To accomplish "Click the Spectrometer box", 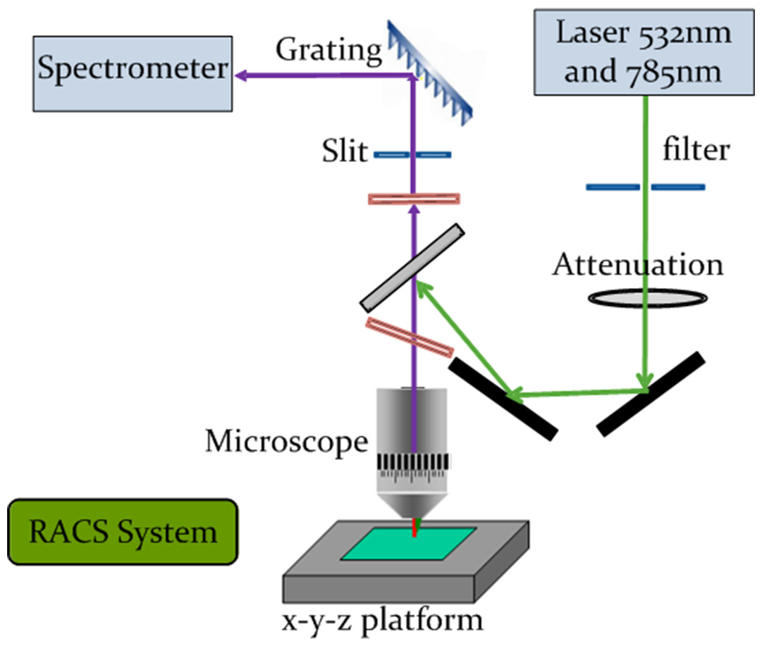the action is pos(133,74).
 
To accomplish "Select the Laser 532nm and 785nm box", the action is pos(644,52).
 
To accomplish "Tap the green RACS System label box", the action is pos(123,532).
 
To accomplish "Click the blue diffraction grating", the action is pos(429,73).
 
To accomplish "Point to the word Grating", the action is pos(329,51).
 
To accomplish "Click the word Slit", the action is pos(345,151).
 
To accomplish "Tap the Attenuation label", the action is pos(638,265).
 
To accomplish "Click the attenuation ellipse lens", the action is pos(648,298).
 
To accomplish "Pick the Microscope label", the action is pos(287,442).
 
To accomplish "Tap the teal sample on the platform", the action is pos(408,544).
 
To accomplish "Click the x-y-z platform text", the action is pos(383,621).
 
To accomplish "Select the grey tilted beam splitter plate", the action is pos(412,268).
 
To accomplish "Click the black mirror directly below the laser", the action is pos(651,395).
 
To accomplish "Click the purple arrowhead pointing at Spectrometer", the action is pos(241,75).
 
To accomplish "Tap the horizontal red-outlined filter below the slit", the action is pos(414,199).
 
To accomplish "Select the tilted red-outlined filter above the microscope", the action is pos(410,337).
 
